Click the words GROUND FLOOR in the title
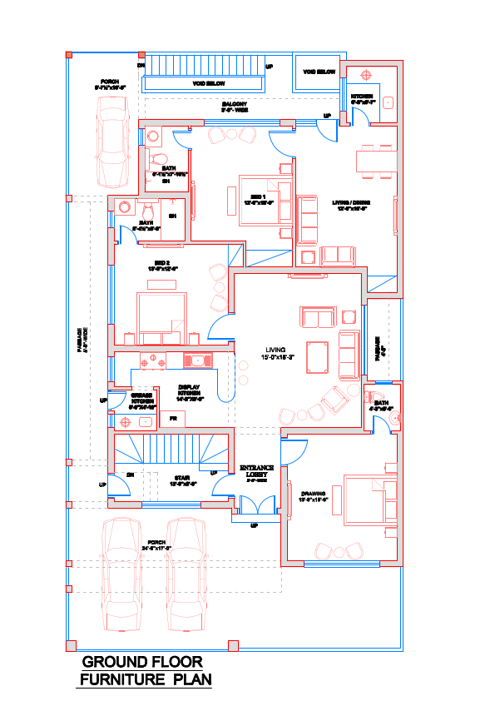(142, 663)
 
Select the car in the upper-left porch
(112, 142)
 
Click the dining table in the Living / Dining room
(375, 160)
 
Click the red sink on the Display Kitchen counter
(199, 360)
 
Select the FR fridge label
(173, 417)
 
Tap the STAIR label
(180, 480)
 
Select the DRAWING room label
(315, 495)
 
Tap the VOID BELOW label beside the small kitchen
(319, 72)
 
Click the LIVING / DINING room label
(350, 205)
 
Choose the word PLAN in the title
(192, 680)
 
